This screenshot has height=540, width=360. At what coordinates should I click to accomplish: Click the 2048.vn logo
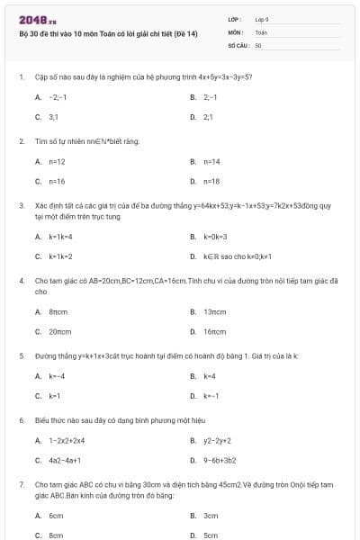pyautogui.click(x=38, y=19)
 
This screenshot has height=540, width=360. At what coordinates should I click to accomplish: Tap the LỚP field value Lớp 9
pyautogui.click(x=262, y=19)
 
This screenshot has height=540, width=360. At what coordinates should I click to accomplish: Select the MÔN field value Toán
pyautogui.click(x=261, y=31)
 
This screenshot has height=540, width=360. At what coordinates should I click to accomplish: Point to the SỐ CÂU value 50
pyautogui.click(x=258, y=43)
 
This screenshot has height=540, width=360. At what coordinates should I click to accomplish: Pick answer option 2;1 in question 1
pyautogui.click(x=209, y=117)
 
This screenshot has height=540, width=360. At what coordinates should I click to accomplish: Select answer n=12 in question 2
pyautogui.click(x=57, y=161)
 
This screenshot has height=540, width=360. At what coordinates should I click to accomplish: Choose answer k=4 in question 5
pyautogui.click(x=210, y=375)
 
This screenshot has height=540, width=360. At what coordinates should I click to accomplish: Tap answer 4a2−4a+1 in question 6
pyautogui.click(x=67, y=460)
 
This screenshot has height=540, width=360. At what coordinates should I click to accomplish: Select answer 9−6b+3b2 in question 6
pyautogui.click(x=220, y=460)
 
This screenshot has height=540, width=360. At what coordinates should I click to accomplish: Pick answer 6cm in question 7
pyautogui.click(x=56, y=516)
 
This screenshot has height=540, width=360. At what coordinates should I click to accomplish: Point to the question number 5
pyautogui.click(x=21, y=355)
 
